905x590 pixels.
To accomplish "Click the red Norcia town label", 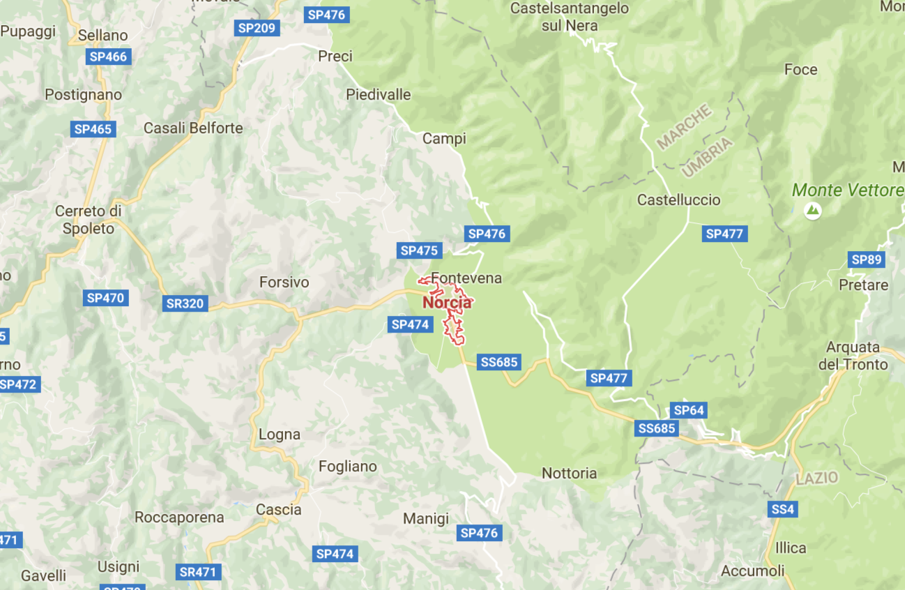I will tap(447, 303).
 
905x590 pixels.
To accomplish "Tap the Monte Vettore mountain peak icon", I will tap(812, 209).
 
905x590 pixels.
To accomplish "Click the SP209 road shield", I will tap(257, 28).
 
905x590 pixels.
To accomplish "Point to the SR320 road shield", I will tap(185, 303).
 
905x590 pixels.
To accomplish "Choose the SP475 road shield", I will tap(419, 250).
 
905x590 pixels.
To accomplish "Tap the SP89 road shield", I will tap(867, 260).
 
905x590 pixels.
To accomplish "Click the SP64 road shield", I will tap(688, 410).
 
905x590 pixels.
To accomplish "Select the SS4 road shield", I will tap(782, 510).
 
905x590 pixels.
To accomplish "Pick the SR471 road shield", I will tap(198, 572).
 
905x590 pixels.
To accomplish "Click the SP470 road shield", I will tap(105, 298).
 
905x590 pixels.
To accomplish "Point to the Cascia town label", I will tap(279, 510).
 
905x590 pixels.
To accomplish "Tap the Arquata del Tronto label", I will tap(857, 356).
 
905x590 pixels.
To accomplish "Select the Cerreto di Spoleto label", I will tap(89, 219).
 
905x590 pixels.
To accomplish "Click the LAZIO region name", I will tap(816, 478).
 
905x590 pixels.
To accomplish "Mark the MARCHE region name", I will tap(684, 126).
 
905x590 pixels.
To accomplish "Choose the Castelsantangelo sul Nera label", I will tap(570, 17).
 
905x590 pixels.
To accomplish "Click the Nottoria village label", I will tap(569, 474).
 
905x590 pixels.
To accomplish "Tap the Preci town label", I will tap(335, 56).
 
